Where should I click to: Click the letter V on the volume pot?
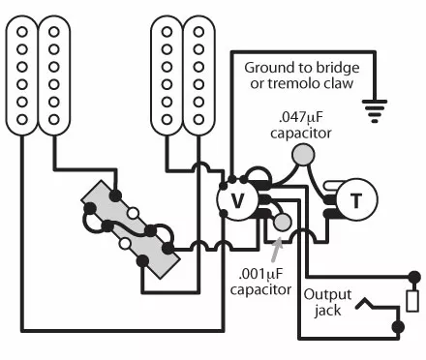point(237,200)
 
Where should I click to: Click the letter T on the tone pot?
point(356,200)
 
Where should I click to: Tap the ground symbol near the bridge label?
point(375,111)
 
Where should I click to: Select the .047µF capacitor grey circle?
point(303,155)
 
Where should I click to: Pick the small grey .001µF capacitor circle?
point(283,222)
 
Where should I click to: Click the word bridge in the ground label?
point(338,68)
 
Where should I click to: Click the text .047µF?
point(300,118)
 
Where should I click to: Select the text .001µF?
point(260,275)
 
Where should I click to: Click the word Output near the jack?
point(327,295)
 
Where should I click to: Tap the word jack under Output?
point(327,311)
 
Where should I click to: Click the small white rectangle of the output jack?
point(412,301)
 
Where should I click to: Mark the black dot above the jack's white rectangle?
point(414,277)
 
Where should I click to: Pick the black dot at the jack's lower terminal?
point(398,327)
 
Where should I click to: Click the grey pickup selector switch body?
point(131,229)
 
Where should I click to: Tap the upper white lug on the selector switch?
point(133,213)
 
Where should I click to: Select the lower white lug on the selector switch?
point(124,243)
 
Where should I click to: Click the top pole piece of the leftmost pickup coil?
point(22,32)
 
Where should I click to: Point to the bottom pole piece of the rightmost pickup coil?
point(198,119)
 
